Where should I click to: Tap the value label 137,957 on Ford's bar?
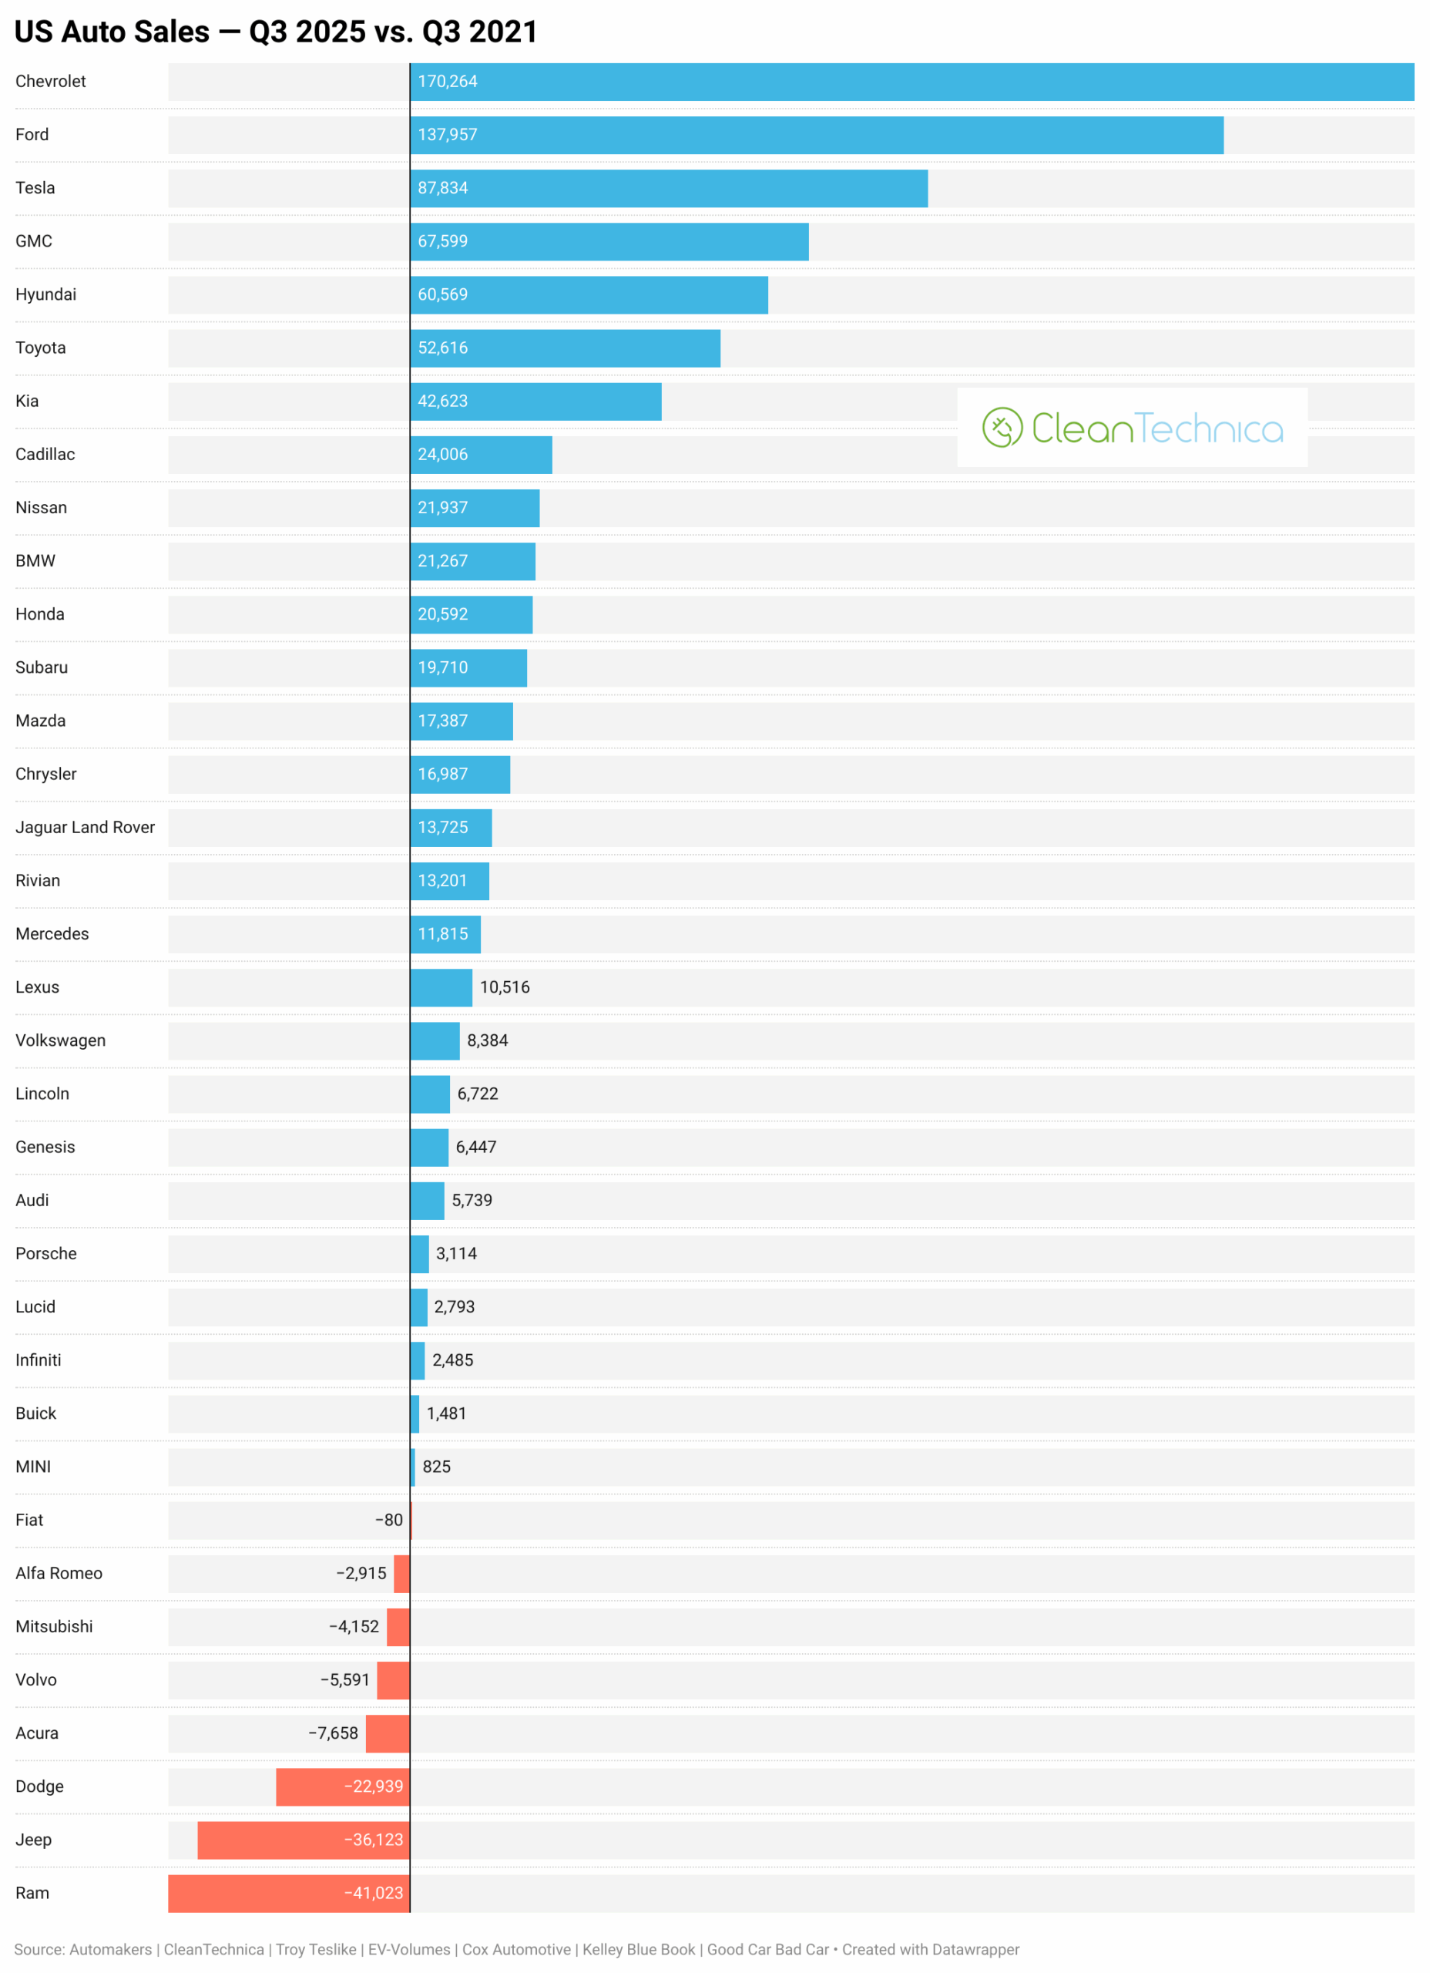pos(447,135)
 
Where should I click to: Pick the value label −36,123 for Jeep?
pos(374,1840)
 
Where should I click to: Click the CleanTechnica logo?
pos(1133,428)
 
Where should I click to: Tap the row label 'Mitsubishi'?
pos(54,1627)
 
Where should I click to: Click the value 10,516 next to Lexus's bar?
pos(505,987)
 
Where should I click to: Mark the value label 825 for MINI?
pos(437,1467)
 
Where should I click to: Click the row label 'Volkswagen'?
pos(60,1040)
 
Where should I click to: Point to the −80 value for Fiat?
pos(389,1520)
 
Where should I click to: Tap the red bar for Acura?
pos(388,1734)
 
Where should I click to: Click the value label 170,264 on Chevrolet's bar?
pos(447,82)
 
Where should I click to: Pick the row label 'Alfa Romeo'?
pos(59,1574)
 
